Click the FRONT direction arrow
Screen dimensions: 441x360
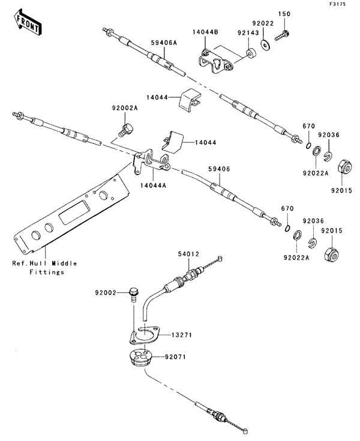(x=27, y=22)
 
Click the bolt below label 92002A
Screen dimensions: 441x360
(x=127, y=128)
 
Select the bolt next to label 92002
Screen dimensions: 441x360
(x=133, y=294)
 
